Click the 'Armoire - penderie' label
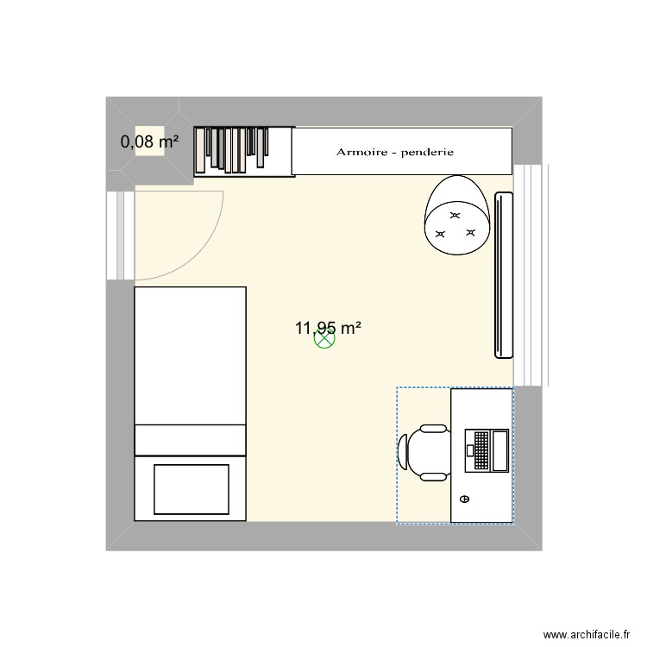tap(394, 153)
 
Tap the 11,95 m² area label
tap(328, 328)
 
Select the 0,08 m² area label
tap(149, 142)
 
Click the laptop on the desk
tap(488, 449)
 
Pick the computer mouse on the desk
tap(465, 499)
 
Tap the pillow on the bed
tap(191, 488)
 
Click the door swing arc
tap(211, 246)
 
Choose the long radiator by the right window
tap(504, 274)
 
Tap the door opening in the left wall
tap(120, 235)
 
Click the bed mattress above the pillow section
tap(191, 355)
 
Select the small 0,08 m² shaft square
tap(149, 142)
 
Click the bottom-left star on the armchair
tap(441, 234)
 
